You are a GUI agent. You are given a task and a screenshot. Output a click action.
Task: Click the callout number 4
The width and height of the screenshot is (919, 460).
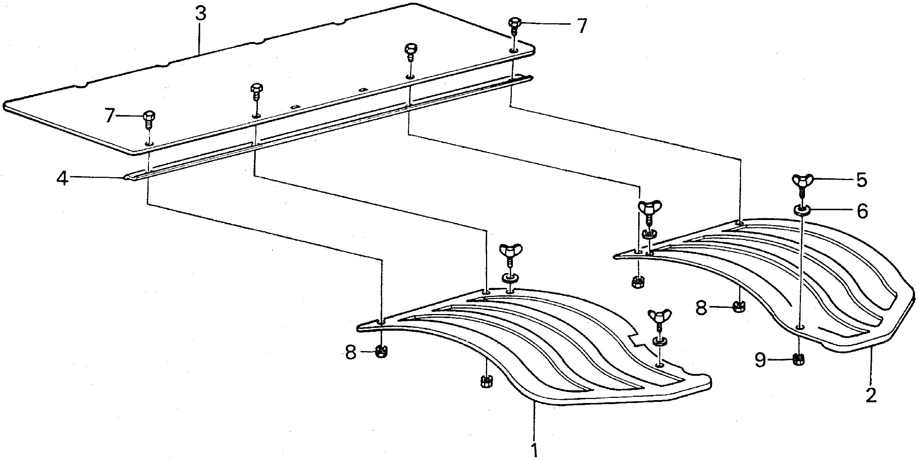pos(63,178)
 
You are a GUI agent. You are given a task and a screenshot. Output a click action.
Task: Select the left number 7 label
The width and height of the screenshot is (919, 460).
pos(110,117)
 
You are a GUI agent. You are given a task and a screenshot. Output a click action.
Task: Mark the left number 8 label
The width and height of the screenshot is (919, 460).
pos(351,352)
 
